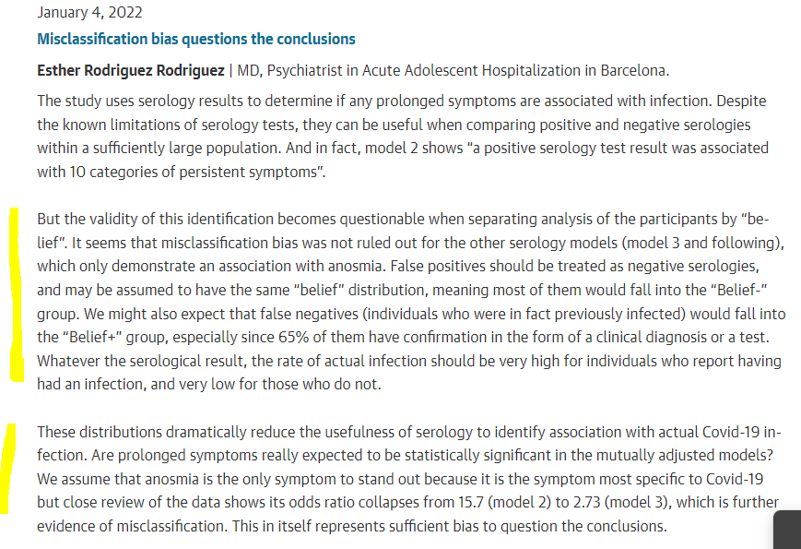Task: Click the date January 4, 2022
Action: point(90,14)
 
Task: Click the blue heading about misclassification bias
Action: point(195,39)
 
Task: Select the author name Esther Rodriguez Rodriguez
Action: point(130,70)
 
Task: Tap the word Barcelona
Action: point(632,70)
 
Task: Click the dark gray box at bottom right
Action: point(787,531)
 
